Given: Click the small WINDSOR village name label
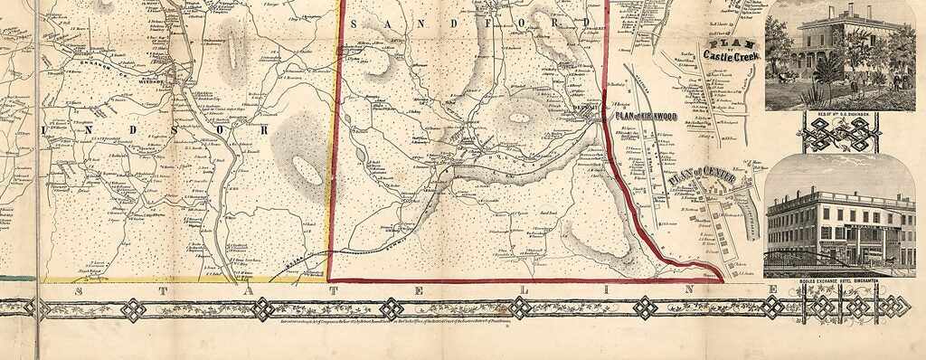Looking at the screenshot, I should (x=148, y=81).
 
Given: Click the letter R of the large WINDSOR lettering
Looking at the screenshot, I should (x=265, y=130).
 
